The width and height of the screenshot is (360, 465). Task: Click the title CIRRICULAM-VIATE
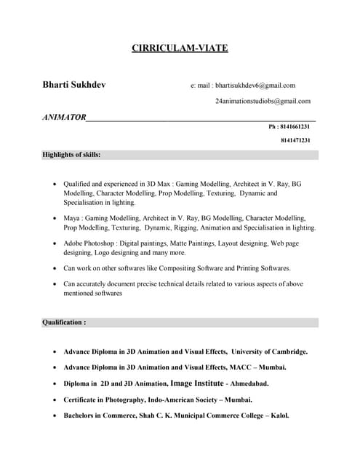[x=180, y=49]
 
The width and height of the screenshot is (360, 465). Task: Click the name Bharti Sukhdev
[x=74, y=85]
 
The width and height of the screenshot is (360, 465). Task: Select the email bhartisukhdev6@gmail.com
[x=255, y=86]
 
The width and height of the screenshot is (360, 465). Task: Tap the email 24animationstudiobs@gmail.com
[x=263, y=101]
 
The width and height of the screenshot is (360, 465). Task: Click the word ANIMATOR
[x=64, y=117]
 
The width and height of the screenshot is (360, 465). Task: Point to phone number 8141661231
[x=295, y=126]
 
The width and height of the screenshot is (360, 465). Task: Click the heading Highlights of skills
[x=71, y=155]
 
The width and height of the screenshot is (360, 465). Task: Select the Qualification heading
[x=64, y=322]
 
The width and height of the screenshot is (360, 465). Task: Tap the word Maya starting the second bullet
[x=71, y=218]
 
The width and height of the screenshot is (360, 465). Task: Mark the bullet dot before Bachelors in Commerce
[x=55, y=416]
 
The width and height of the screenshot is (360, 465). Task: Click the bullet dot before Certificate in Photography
[x=55, y=400]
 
